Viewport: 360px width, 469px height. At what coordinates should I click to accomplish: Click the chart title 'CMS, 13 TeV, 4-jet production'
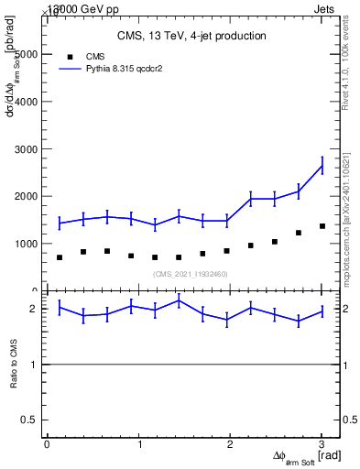[191, 36]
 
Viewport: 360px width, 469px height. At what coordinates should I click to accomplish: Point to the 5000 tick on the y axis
[27, 54]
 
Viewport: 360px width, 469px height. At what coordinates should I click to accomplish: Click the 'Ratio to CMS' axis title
[13, 365]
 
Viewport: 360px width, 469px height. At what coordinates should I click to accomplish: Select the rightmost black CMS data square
[322, 226]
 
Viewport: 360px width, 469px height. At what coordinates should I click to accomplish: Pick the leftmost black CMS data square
[60, 257]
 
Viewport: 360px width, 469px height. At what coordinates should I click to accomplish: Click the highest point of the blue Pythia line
[322, 165]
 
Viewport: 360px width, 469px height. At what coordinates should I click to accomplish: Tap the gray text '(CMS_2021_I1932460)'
[191, 274]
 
